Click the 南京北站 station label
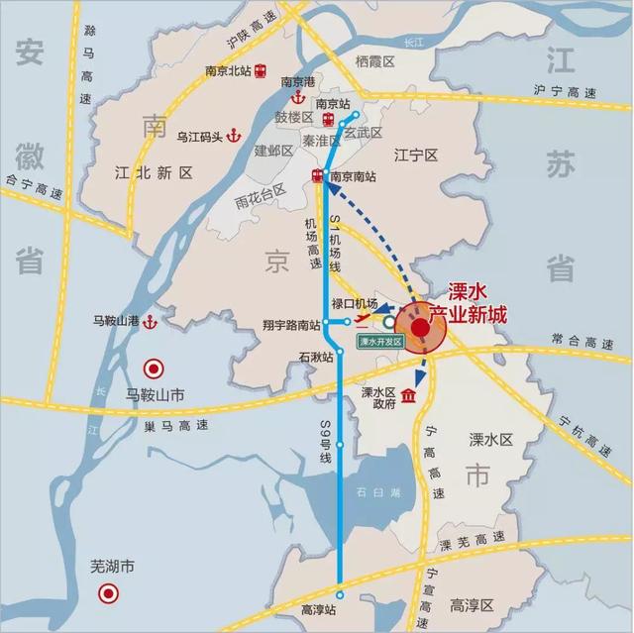click(229, 70)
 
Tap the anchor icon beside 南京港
click(294, 99)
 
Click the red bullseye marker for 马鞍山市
click(154, 369)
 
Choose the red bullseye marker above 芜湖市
click(107, 594)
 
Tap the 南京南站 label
click(354, 176)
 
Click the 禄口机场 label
click(356, 303)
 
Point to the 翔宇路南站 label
click(291, 324)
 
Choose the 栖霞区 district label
click(374, 62)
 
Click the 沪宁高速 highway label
click(565, 92)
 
